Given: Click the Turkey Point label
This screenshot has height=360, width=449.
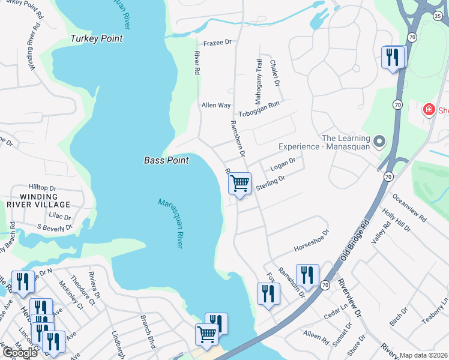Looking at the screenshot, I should [96, 38].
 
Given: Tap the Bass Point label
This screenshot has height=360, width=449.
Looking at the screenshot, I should [166, 160].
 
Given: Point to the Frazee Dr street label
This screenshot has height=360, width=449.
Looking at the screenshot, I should [217, 43].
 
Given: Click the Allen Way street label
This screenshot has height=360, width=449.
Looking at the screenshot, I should [216, 105].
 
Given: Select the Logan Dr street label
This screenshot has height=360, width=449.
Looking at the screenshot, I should [284, 163].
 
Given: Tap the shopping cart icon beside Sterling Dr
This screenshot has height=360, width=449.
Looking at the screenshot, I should [240, 182].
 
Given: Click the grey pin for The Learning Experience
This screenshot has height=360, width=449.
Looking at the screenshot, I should [379, 142].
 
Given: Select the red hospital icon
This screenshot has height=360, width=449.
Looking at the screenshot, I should [429, 109].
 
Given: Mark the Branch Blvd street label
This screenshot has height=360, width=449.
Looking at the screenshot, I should [148, 331].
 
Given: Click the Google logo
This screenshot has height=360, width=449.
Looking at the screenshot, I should [19, 353].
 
